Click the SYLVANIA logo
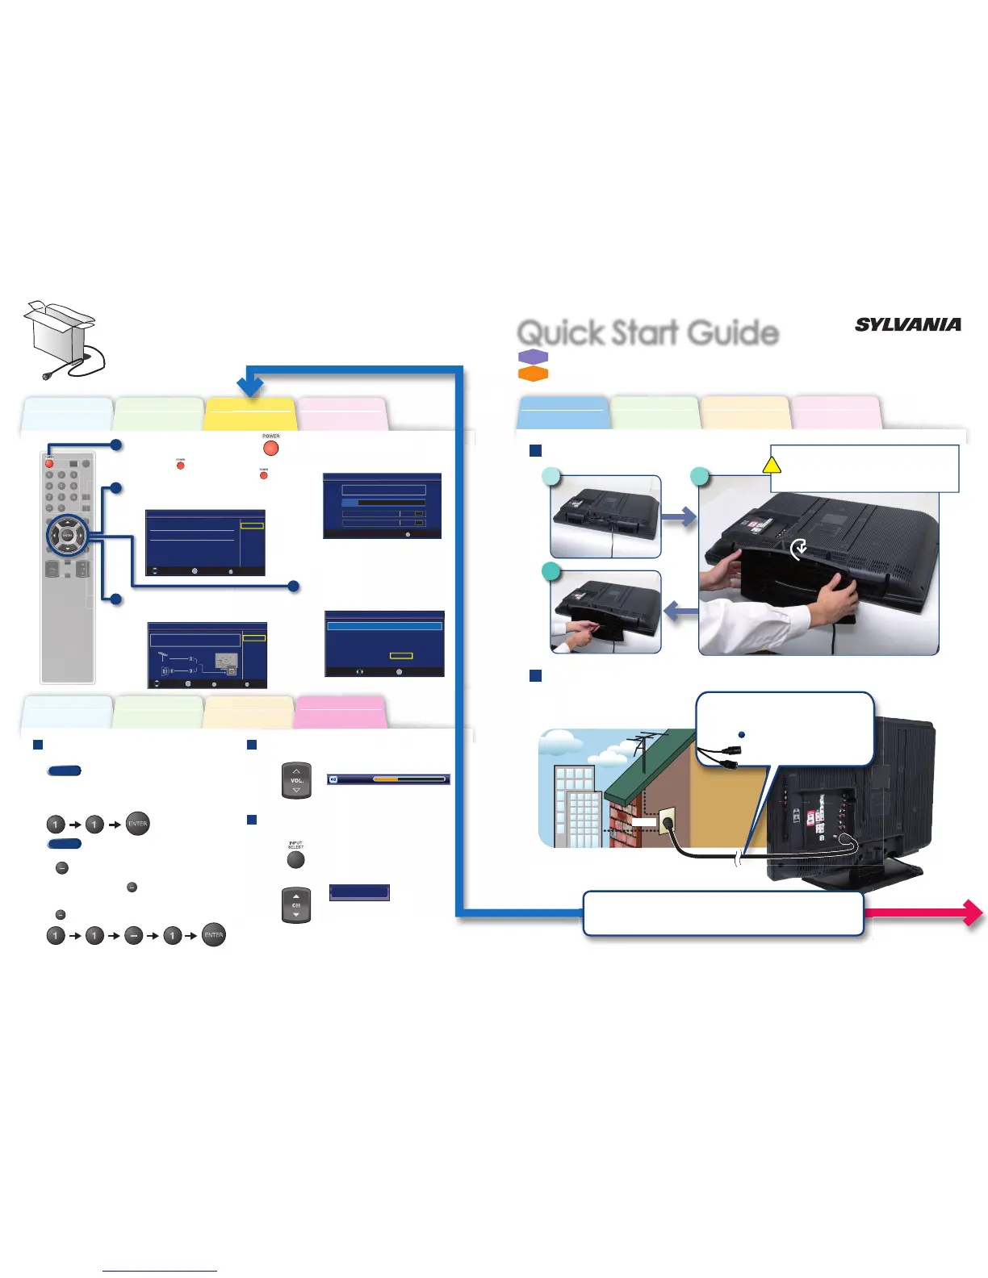[x=908, y=324]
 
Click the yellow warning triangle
[x=772, y=464]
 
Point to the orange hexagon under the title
[x=533, y=374]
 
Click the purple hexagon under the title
[x=533, y=357]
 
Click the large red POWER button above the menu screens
[x=271, y=447]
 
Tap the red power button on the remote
[x=49, y=464]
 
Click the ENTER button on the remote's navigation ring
[x=68, y=534]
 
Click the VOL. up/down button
[x=296, y=780]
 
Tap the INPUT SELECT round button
[x=296, y=859]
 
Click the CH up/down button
[x=296, y=905]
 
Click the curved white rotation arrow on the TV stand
[x=798, y=549]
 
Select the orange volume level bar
[x=387, y=779]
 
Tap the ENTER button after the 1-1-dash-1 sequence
[x=213, y=935]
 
